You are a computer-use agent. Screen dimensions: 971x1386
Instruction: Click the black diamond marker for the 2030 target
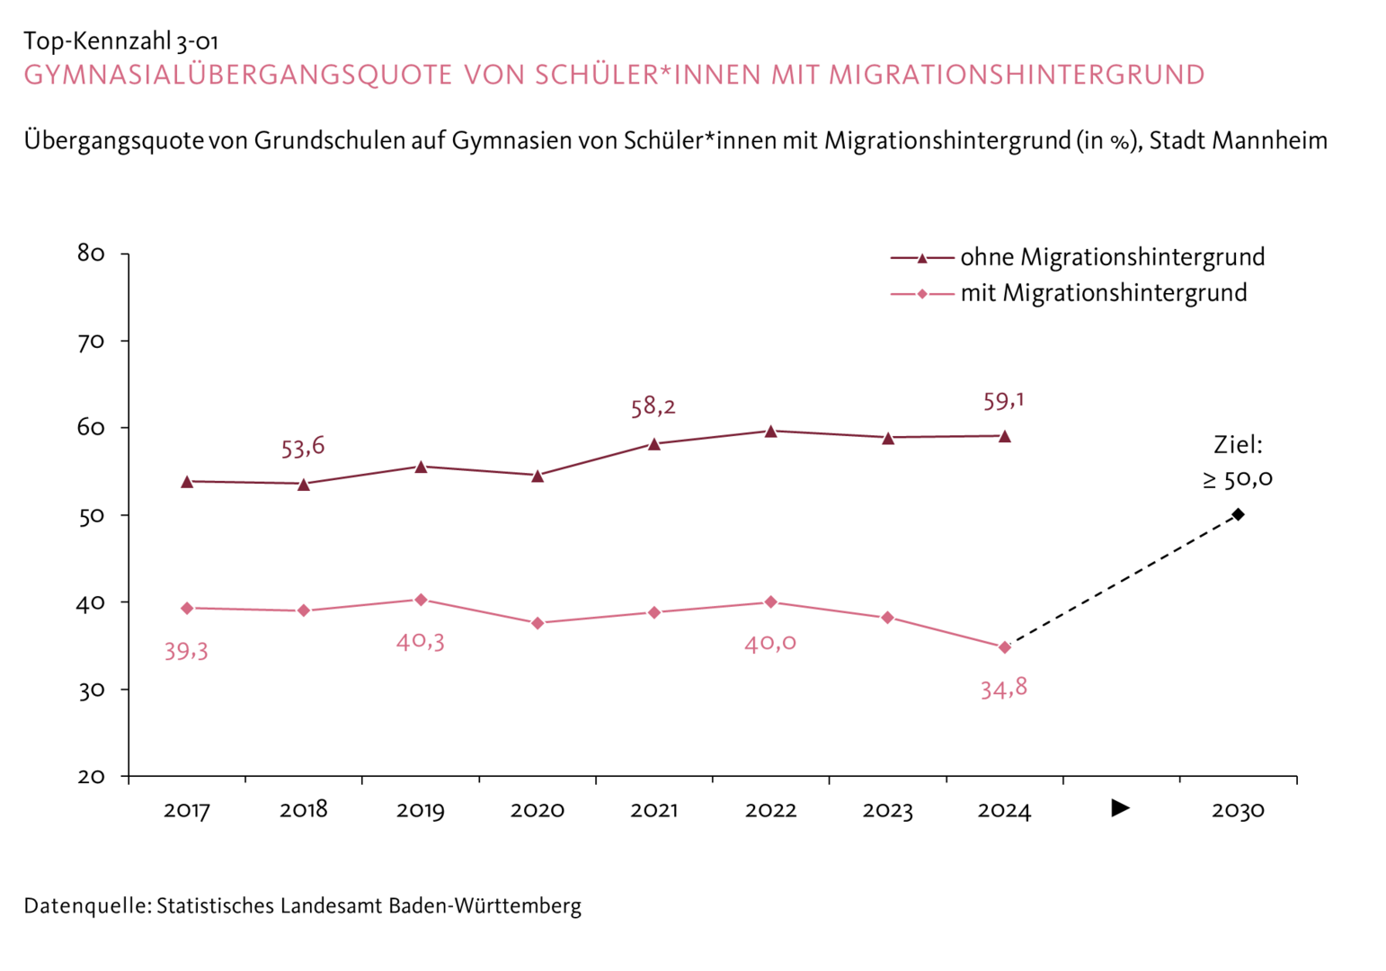point(1238,514)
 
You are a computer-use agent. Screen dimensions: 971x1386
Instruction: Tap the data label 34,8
point(1004,689)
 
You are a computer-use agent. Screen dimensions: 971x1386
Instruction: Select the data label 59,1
point(1004,401)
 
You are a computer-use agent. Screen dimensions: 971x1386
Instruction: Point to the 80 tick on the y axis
point(92,254)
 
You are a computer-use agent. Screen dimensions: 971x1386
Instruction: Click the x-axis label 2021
point(653,810)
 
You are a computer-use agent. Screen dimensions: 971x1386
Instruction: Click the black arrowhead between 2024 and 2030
point(1120,807)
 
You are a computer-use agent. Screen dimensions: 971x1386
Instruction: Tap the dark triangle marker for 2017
point(187,482)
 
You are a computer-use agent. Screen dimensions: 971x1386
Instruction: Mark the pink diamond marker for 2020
point(538,623)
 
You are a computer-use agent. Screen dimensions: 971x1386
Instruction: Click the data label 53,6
point(303,447)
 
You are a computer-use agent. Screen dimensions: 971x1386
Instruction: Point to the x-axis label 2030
point(1238,810)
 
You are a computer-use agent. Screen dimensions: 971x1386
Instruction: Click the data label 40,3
point(421,642)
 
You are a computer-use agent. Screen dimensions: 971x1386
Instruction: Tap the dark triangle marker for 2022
point(770,432)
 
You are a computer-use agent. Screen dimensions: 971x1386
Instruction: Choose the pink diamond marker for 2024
point(1005,647)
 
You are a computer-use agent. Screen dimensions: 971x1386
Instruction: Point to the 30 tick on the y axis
point(92,690)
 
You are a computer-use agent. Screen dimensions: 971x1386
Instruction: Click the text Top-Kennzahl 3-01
point(120,41)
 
